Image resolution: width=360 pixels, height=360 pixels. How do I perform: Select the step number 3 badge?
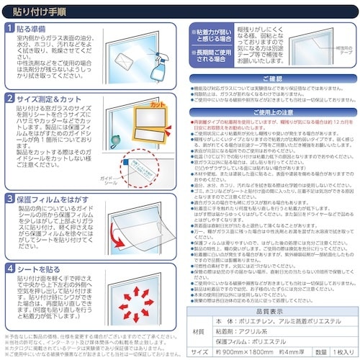tap(10, 197)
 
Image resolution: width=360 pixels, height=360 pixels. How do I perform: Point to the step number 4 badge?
tap(10, 268)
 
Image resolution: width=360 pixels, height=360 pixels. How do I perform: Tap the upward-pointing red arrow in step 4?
tap(138, 282)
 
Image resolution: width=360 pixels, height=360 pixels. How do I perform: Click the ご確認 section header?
tap(272, 78)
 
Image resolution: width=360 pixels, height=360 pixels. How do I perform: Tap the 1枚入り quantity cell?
tap(337, 353)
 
